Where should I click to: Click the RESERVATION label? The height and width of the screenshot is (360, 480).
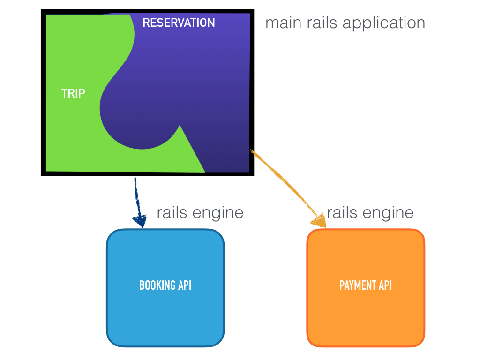tap(179, 22)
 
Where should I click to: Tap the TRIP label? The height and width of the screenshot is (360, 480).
tap(73, 93)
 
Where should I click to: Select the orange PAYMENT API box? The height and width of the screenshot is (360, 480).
tap(366, 309)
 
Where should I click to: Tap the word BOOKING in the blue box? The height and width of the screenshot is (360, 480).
tap(157, 285)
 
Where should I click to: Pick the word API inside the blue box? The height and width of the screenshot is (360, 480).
tap(184, 285)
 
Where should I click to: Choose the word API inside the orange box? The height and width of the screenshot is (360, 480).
tap(384, 285)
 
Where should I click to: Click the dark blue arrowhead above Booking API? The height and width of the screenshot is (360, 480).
tap(139, 220)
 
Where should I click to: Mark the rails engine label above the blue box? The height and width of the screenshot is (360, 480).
tap(200, 213)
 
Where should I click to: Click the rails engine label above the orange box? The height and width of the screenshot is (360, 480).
tap(370, 213)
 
